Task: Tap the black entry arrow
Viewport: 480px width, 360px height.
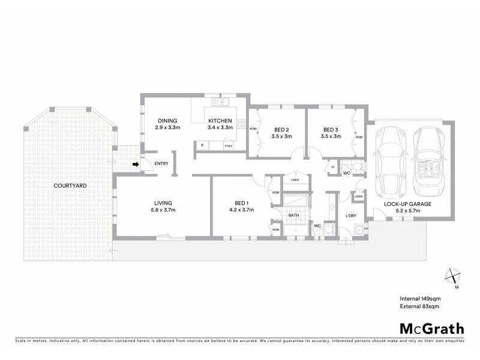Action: [x=136, y=163]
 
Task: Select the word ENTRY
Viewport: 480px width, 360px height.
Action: [x=161, y=164]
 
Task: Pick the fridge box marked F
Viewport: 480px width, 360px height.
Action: [x=203, y=145]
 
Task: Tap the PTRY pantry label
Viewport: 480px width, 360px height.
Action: [x=228, y=146]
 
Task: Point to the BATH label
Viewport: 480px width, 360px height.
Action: [x=293, y=214]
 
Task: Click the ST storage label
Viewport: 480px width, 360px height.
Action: [x=333, y=166]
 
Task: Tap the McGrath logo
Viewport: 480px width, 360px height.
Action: [x=431, y=328]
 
